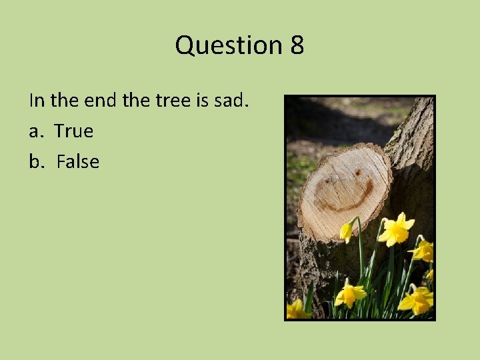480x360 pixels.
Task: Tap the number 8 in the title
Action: tap(297, 45)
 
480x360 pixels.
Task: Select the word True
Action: tap(73, 131)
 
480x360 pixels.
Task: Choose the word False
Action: tap(77, 162)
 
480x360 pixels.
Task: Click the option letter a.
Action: tap(35, 131)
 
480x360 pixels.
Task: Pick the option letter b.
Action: tap(35, 162)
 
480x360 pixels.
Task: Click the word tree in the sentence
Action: tap(173, 101)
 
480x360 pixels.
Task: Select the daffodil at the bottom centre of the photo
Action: tap(350, 294)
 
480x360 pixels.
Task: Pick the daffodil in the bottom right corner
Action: tap(416, 301)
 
